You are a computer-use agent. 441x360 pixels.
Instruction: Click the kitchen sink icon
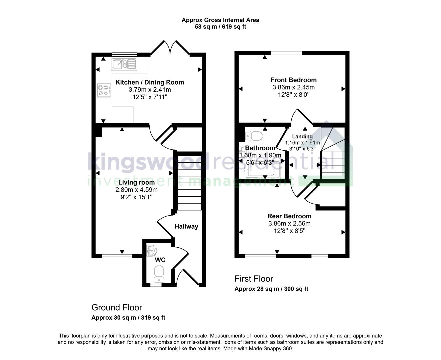[x=124, y=64]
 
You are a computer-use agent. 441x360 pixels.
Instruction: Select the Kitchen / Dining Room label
[x=150, y=82]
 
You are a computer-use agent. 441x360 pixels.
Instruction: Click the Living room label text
[x=136, y=182]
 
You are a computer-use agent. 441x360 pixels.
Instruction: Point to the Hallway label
[x=186, y=227]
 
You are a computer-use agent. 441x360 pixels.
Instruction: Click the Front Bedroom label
[x=293, y=80]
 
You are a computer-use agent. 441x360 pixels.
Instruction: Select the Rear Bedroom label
[x=289, y=216]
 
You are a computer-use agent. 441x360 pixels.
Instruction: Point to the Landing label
[x=302, y=136]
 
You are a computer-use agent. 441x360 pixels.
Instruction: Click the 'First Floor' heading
[x=254, y=279]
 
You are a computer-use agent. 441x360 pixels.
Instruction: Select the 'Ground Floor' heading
[x=117, y=307]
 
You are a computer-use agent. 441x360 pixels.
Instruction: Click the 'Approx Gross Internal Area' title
[x=220, y=20]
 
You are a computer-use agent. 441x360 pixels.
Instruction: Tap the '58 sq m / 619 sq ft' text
[x=220, y=27]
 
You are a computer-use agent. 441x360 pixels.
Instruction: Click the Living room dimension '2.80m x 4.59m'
[x=136, y=190]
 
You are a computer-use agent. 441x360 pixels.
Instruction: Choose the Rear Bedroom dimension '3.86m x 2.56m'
[x=289, y=224]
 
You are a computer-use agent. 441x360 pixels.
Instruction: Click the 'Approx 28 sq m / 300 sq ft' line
[x=271, y=289]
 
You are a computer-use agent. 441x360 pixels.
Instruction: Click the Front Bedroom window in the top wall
[x=286, y=53]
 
